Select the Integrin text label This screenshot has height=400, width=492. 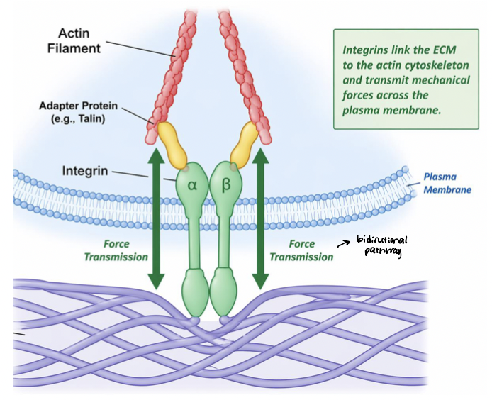click(85, 171)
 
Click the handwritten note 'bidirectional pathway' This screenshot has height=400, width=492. click(387, 245)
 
